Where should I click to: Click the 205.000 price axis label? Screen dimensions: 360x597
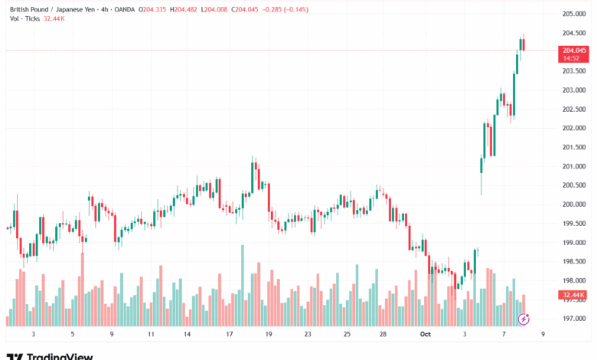click(x=575, y=14)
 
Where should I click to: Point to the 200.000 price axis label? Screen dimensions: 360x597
click(x=575, y=205)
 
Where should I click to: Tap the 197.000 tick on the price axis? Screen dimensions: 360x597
click(x=575, y=319)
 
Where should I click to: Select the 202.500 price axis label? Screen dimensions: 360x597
click(x=575, y=109)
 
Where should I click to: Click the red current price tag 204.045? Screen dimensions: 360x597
click(x=575, y=51)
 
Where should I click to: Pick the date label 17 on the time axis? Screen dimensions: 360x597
click(x=229, y=335)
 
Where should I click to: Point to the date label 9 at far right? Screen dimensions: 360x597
click(x=542, y=335)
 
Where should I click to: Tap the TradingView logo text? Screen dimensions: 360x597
click(x=60, y=355)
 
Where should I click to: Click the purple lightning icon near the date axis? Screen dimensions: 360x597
click(x=524, y=318)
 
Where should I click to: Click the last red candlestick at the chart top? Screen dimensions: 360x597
click(x=524, y=44)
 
